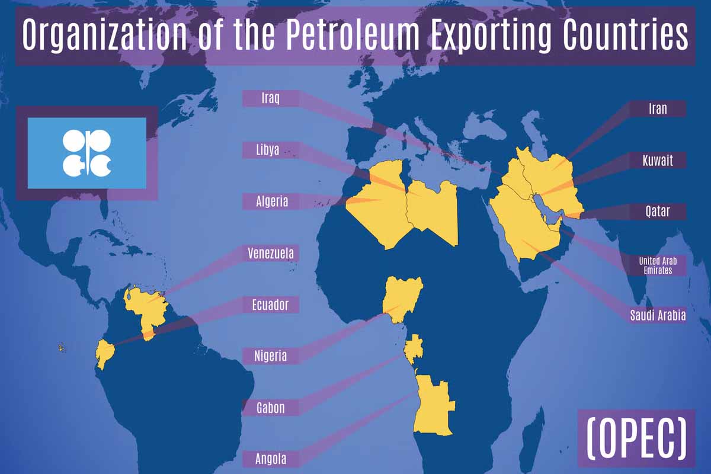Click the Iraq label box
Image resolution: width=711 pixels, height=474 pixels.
[x=270, y=98]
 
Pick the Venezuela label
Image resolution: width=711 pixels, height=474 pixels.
[x=270, y=254]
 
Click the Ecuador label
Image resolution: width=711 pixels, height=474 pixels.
[x=270, y=305]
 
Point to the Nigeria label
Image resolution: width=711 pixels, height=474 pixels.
[x=270, y=356]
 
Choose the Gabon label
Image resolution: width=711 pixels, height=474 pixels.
[x=270, y=408]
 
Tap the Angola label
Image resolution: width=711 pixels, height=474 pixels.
[x=270, y=459]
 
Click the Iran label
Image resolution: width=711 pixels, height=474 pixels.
[x=658, y=108]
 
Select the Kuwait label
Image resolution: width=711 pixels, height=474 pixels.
[x=658, y=160]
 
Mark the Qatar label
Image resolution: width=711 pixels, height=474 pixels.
[x=658, y=212]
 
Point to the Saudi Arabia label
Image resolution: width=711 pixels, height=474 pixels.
[x=658, y=315]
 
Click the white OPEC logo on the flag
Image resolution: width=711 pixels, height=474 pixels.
[x=87, y=153]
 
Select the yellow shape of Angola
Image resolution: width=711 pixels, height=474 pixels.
[x=433, y=406]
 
